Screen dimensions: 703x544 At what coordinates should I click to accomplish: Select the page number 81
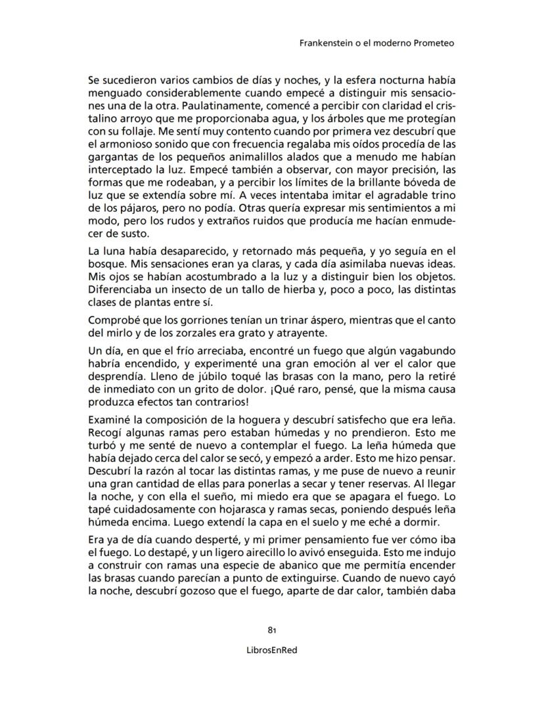pos(271,629)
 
